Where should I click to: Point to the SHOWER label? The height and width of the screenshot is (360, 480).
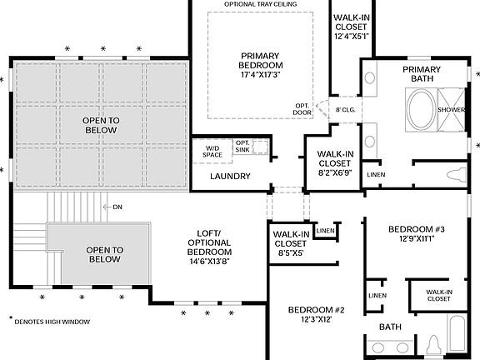pos(451,108)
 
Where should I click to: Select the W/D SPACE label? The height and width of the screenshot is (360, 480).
pos(212,151)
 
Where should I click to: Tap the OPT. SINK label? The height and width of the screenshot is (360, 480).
pos(242,147)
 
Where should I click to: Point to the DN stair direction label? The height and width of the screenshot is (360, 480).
pos(117,207)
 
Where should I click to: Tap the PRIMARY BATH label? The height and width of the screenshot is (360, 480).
pos(421,74)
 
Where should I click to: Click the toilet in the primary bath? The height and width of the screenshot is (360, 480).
pos(457,174)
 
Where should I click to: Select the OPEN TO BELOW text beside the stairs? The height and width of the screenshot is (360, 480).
pos(105,254)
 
